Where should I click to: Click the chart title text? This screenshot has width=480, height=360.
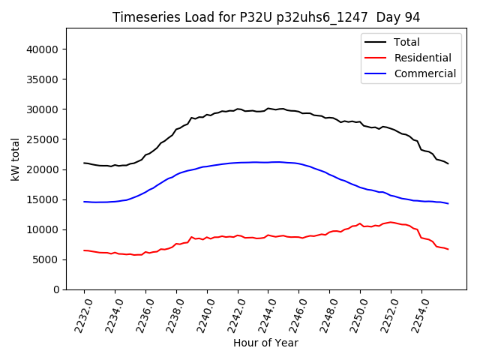(266, 17)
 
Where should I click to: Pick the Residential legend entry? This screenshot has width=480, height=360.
(423, 58)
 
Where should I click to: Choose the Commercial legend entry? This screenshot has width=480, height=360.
(425, 73)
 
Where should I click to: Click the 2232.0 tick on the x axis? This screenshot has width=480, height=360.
(79, 312)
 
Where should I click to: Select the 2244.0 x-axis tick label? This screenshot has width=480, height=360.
(263, 312)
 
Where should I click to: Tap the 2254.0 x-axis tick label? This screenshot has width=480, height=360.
(417, 312)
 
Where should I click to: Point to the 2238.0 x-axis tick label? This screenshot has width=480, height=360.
(172, 312)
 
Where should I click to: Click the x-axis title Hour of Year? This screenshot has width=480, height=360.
(265, 343)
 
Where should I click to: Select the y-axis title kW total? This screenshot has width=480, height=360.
(16, 159)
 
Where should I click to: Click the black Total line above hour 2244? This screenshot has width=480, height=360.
(268, 109)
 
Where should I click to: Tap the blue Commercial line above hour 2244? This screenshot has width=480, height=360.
(268, 162)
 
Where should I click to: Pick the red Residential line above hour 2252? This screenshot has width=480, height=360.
(391, 222)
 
